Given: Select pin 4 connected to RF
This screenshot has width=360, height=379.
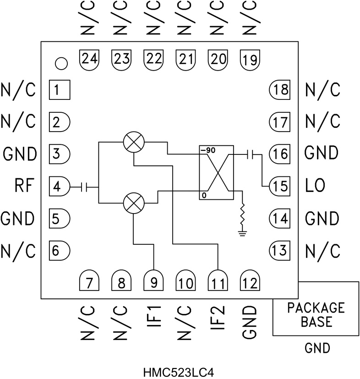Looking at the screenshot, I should (59, 187).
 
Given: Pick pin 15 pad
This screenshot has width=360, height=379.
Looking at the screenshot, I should (279, 186).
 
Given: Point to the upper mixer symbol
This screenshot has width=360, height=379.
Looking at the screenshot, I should (134, 143).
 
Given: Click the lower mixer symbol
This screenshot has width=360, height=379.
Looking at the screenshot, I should (134, 203).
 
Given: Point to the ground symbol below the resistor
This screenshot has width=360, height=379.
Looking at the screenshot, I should (241, 233).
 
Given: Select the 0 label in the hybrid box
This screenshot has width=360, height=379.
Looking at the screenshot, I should (202, 196).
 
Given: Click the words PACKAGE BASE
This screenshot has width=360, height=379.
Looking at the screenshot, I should (316, 314).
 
